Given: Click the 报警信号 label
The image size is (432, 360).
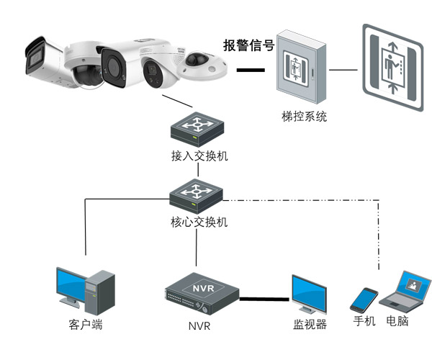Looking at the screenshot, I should click(248, 46).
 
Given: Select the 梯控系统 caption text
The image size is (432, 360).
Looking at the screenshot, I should click(304, 116).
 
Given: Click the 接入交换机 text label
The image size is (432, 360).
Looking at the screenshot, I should click(196, 156).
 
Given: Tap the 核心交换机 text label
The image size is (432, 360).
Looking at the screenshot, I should click(196, 222).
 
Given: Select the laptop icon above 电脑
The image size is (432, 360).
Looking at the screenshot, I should click(405, 291).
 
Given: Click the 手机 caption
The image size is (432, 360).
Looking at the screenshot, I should click(364, 321).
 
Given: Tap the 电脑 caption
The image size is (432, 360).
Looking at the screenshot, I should click(397, 321).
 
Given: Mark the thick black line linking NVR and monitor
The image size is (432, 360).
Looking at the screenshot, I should click(264, 296).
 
